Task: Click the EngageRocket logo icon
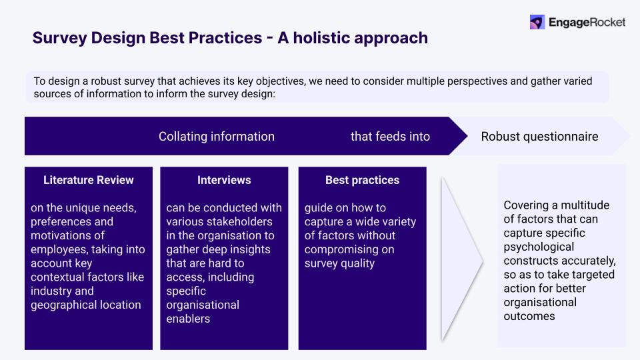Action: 537,22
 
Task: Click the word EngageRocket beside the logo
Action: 587,22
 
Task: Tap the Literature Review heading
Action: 88,180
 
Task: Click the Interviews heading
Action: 224,180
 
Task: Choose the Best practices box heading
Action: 362,180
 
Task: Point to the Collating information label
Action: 216,137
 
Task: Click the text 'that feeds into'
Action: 390,137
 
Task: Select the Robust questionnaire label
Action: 539,137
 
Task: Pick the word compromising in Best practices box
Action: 338,249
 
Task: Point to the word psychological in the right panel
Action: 538,247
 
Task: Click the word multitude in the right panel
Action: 585,205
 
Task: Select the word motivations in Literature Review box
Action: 59,235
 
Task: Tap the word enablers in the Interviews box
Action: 188,319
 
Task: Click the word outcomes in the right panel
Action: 529,316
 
